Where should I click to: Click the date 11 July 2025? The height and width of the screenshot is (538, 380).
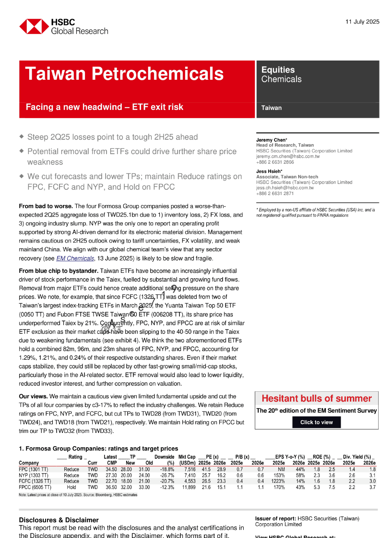[362, 22]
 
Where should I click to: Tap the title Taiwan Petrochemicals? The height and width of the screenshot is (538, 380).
[124, 74]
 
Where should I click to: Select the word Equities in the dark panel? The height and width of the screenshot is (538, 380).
[278, 70]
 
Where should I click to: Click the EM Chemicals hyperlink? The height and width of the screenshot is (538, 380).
[75, 258]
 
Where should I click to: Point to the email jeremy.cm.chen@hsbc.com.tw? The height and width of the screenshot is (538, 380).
[288, 157]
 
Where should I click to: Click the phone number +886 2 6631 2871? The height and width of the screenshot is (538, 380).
[275, 193]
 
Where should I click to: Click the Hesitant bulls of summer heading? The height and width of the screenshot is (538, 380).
[317, 398]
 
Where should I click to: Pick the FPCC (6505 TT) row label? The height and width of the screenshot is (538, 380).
[35, 487]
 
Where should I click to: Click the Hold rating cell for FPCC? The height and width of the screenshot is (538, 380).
[71, 487]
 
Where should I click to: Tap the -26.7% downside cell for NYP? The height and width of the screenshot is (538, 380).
[167, 476]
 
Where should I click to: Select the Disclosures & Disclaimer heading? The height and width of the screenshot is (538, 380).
[59, 520]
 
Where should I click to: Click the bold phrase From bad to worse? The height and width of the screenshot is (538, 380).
[46, 206]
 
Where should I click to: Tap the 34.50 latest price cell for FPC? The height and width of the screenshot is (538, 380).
[111, 469]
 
